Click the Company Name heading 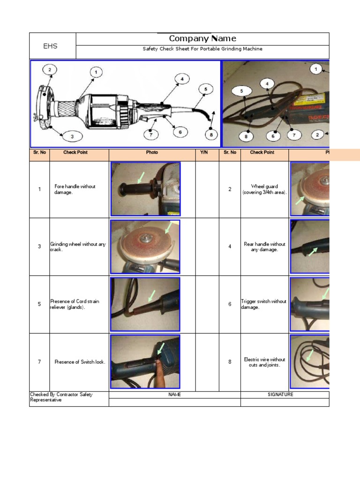202,38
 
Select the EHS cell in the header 50,46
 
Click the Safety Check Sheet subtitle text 202,49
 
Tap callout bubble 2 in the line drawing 50,70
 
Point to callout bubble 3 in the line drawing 72,137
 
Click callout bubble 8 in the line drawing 211,135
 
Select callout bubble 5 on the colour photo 241,91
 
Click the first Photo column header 152,152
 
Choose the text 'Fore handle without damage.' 75,189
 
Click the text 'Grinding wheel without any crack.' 78,247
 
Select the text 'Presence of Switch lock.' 80,362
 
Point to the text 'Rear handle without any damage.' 264,247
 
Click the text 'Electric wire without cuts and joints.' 264,362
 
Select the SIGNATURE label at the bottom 280,395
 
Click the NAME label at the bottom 174,395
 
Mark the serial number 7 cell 39,362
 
